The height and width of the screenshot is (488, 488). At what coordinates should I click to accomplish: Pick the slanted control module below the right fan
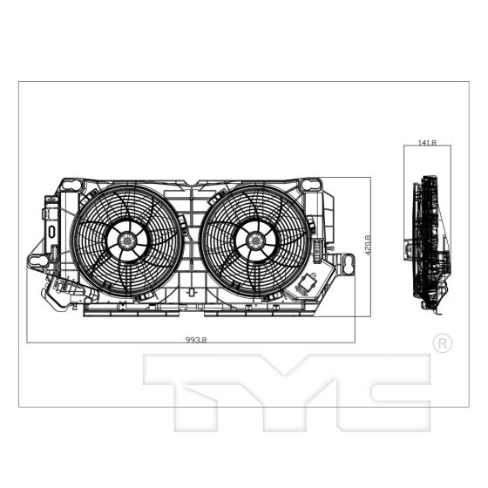point(309,284)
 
